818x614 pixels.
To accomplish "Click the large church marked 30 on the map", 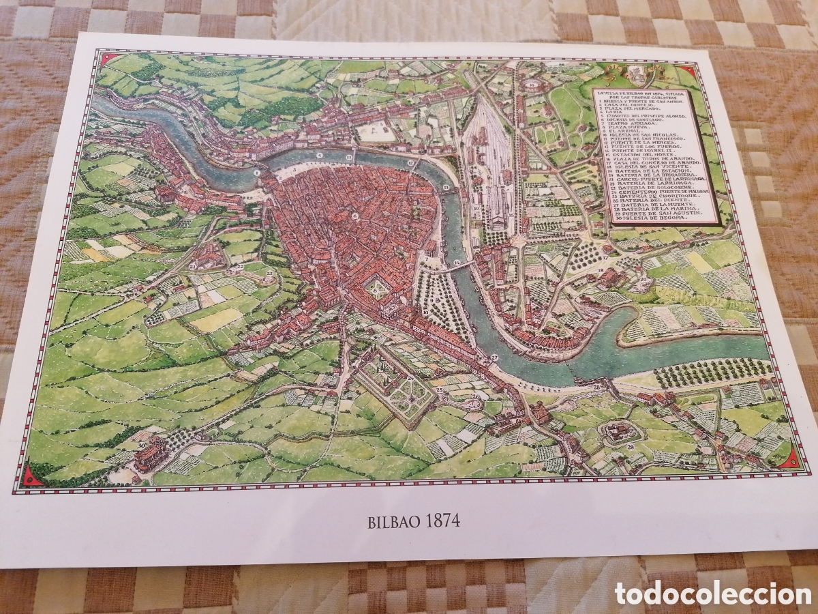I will (149, 454).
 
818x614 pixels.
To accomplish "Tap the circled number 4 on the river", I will (318, 155).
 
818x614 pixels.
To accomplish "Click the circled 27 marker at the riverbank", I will (494, 357).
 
